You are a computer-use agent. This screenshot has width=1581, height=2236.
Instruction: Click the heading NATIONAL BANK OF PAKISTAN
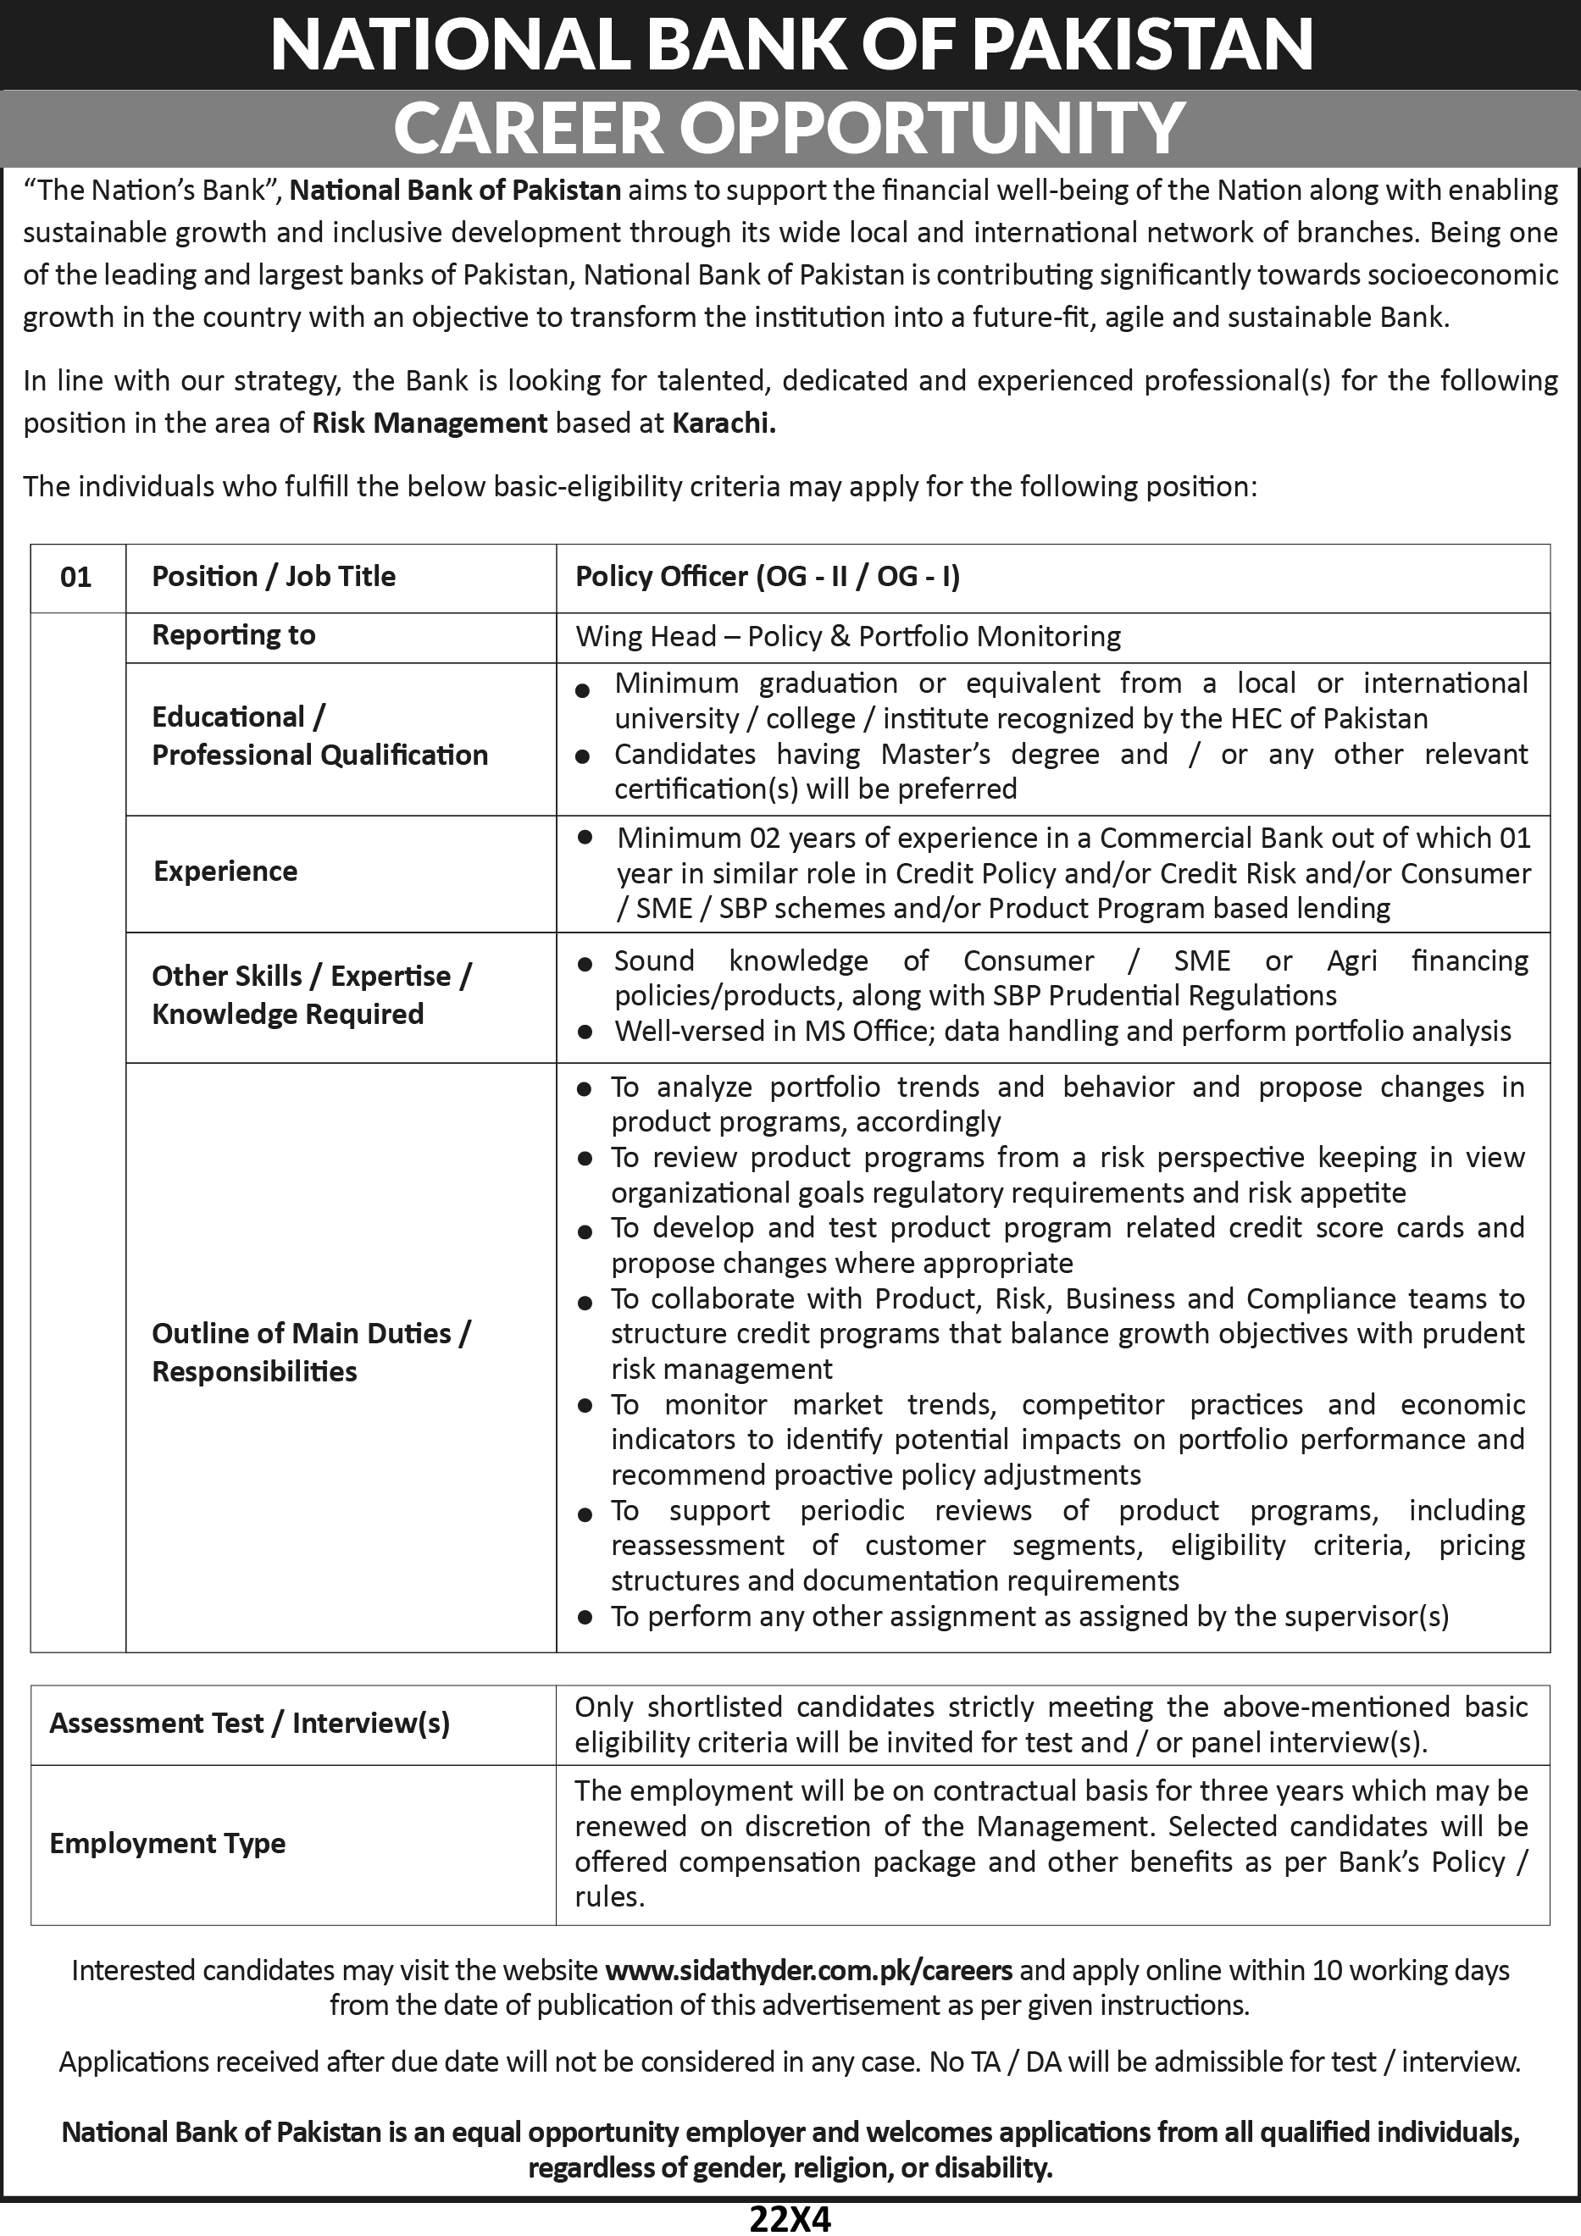(790, 46)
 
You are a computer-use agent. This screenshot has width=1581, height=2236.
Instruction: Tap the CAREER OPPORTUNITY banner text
(790, 128)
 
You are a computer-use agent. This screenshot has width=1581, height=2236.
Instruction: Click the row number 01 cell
(76, 578)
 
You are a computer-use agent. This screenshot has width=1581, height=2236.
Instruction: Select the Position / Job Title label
(274, 577)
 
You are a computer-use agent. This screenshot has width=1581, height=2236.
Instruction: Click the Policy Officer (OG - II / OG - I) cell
(768, 577)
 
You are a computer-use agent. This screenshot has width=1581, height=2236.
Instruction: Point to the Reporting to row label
(234, 635)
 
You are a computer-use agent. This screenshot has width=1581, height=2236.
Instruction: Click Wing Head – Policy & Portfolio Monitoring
(848, 637)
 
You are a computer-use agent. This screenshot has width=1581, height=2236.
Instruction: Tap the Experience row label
(225, 871)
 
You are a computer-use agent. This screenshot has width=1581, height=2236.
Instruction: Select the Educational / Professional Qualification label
(319, 736)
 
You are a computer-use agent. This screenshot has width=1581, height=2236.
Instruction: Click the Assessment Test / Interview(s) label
(249, 1723)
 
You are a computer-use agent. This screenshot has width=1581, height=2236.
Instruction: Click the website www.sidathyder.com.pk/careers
(808, 1971)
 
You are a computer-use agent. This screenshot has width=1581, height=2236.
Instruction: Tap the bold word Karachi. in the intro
(724, 423)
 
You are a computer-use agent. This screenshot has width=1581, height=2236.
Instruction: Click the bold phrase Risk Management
(430, 423)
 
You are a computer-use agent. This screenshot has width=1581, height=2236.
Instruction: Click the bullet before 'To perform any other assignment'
(585, 1618)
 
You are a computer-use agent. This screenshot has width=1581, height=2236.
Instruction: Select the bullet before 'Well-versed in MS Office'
(585, 1032)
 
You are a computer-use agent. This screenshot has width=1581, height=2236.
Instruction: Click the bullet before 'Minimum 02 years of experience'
(585, 837)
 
